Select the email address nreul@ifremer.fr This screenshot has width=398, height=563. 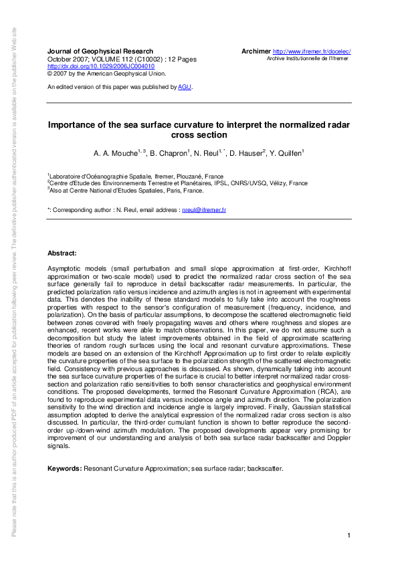coord(204,210)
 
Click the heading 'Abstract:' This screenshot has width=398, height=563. coord(62,253)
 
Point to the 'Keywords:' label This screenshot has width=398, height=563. coord(65,468)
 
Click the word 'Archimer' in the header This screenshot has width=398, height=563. coord(255,51)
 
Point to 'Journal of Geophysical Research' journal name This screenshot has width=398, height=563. coord(100,51)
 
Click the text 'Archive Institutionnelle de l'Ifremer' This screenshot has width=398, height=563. coord(308,59)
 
